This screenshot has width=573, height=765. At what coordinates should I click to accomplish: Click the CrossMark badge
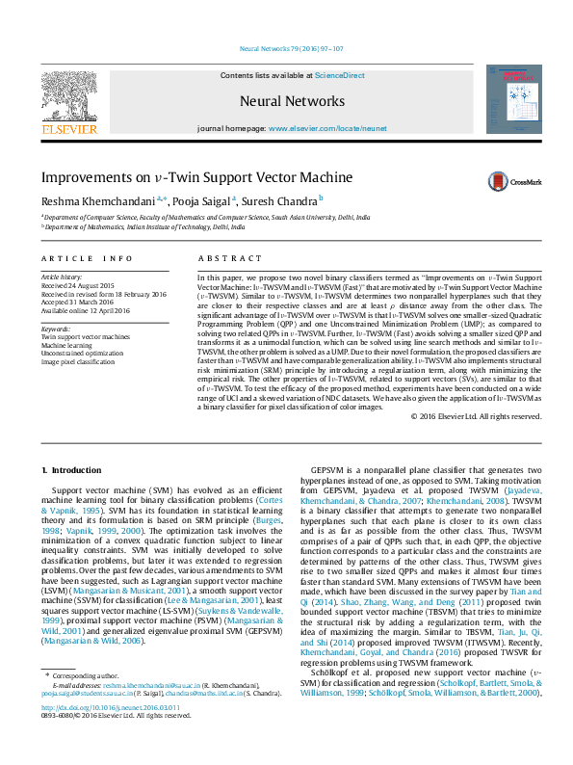514,180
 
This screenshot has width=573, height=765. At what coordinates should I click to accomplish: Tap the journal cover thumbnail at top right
514,99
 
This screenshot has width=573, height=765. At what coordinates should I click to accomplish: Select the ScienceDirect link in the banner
340,75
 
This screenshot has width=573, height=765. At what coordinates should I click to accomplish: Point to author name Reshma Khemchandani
91,201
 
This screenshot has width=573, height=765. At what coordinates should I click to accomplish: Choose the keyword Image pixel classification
80,360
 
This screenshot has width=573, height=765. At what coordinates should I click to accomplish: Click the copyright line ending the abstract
476,416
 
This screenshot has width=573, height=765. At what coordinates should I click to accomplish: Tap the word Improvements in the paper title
82,178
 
